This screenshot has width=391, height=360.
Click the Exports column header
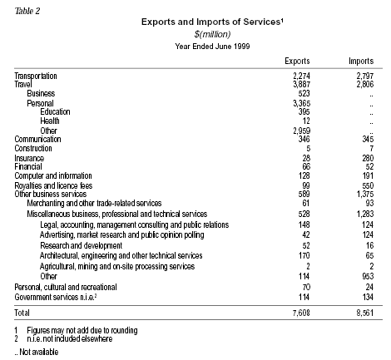point(297,61)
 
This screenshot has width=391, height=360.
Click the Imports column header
point(361,61)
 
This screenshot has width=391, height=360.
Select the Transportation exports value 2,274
point(301,76)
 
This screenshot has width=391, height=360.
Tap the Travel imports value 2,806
point(365,84)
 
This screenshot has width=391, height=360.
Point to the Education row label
point(55,111)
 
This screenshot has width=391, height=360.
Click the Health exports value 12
point(306,121)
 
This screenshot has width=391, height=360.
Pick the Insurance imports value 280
point(368,158)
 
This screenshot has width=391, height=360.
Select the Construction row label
point(33,148)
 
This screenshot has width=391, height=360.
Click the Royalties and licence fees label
point(53,185)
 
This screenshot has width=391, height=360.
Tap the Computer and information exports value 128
point(304,175)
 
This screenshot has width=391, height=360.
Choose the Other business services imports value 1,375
point(365,194)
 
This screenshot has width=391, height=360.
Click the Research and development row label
point(81,245)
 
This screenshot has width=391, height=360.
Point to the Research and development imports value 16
point(369,245)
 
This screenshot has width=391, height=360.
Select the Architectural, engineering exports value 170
point(304,255)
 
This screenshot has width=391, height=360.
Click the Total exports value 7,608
point(301,313)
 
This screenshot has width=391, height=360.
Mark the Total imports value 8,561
point(365,313)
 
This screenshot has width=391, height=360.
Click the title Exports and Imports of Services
point(212,22)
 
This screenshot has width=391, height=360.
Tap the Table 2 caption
point(27,11)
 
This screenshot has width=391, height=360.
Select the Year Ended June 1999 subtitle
point(212,46)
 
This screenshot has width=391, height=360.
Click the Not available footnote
point(37,352)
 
